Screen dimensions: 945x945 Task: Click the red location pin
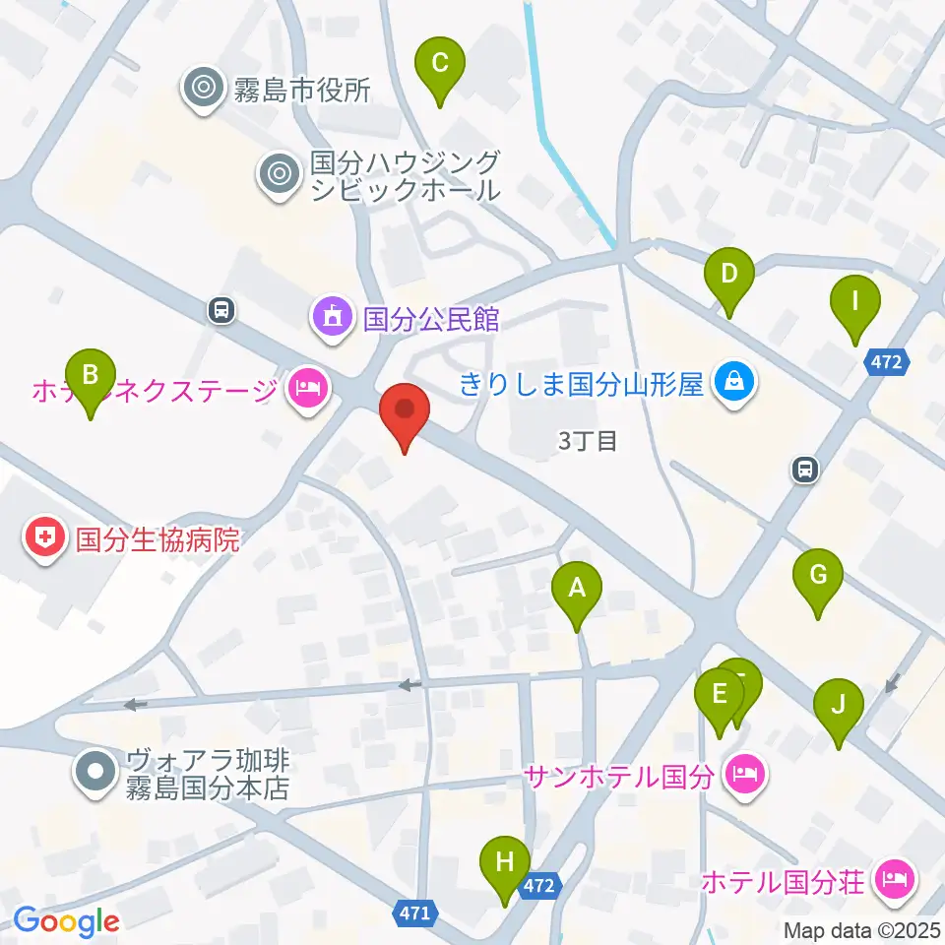(405, 414)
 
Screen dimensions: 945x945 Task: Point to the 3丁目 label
(587, 441)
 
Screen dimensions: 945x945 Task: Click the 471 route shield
(414, 913)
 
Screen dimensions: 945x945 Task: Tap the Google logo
(66, 921)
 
